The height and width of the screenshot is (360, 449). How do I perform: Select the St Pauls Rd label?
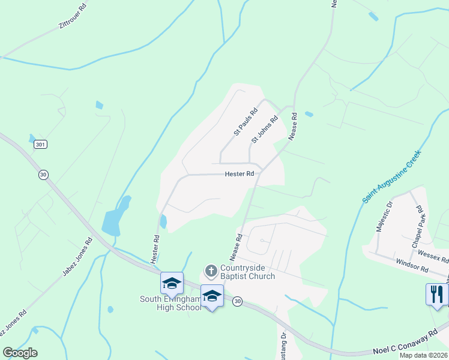(x=246, y=121)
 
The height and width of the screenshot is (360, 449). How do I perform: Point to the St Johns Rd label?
(x=265, y=130)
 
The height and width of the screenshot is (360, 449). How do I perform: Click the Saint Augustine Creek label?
(x=392, y=176)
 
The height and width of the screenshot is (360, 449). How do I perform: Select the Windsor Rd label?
(x=411, y=265)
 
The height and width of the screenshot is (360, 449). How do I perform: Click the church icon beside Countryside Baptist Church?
(x=211, y=271)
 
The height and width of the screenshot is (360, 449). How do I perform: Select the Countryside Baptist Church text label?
(x=247, y=272)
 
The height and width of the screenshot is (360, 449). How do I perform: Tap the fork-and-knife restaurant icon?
(x=437, y=294)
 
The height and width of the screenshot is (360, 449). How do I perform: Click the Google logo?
(x=20, y=353)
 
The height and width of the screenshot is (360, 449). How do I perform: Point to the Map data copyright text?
(x=424, y=355)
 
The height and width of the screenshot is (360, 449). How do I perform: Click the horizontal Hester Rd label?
(x=240, y=174)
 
